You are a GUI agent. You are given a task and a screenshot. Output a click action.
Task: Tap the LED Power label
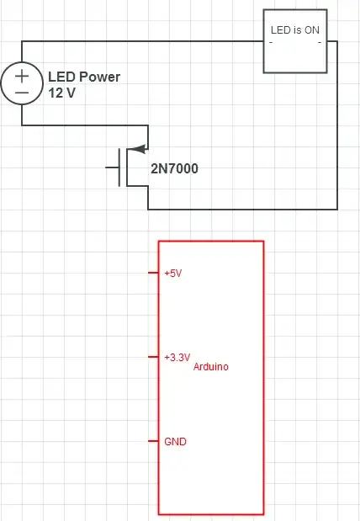(x=84, y=77)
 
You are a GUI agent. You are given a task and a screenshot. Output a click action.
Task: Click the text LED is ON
(x=294, y=29)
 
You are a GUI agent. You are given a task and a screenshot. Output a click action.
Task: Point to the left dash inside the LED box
(x=271, y=40)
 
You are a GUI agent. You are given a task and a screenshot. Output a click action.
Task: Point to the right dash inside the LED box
(x=320, y=40)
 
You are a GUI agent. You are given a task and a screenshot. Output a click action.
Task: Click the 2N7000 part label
(x=175, y=168)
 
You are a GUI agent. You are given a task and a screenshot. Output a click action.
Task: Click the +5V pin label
(x=172, y=274)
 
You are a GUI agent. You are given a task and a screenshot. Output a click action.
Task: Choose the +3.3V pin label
(x=177, y=358)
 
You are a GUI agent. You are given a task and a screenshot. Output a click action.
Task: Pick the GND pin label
(x=175, y=441)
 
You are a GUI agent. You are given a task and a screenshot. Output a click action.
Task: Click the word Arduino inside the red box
(x=211, y=367)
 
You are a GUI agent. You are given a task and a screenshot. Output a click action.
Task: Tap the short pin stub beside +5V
(x=153, y=273)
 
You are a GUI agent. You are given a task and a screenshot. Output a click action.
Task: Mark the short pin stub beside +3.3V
(x=153, y=357)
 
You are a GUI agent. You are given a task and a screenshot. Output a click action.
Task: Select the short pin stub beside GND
(x=153, y=441)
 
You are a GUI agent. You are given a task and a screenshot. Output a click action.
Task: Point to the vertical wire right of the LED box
(x=337, y=126)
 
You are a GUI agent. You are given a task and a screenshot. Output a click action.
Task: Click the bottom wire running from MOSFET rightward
(x=244, y=209)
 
